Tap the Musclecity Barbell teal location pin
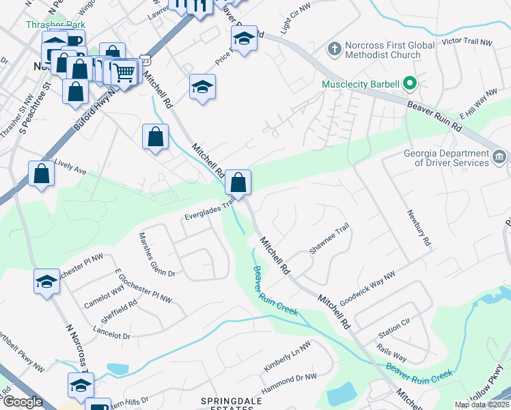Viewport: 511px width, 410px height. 410,85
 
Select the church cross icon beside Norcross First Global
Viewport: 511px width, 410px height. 334,49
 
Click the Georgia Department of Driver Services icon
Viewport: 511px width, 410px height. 499,158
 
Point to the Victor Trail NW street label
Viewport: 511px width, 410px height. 467,42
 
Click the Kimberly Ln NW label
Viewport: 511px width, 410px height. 287,361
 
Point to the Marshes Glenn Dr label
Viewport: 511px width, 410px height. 156,254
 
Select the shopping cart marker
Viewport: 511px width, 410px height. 124,72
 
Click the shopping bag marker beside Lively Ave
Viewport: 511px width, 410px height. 42,174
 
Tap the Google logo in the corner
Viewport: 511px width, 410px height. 23,402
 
